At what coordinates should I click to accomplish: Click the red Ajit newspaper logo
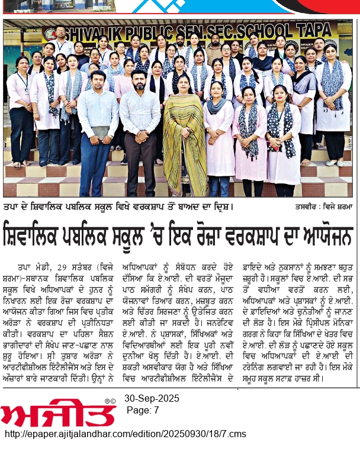[56, 410]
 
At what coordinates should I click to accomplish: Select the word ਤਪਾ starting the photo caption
[12, 207]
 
